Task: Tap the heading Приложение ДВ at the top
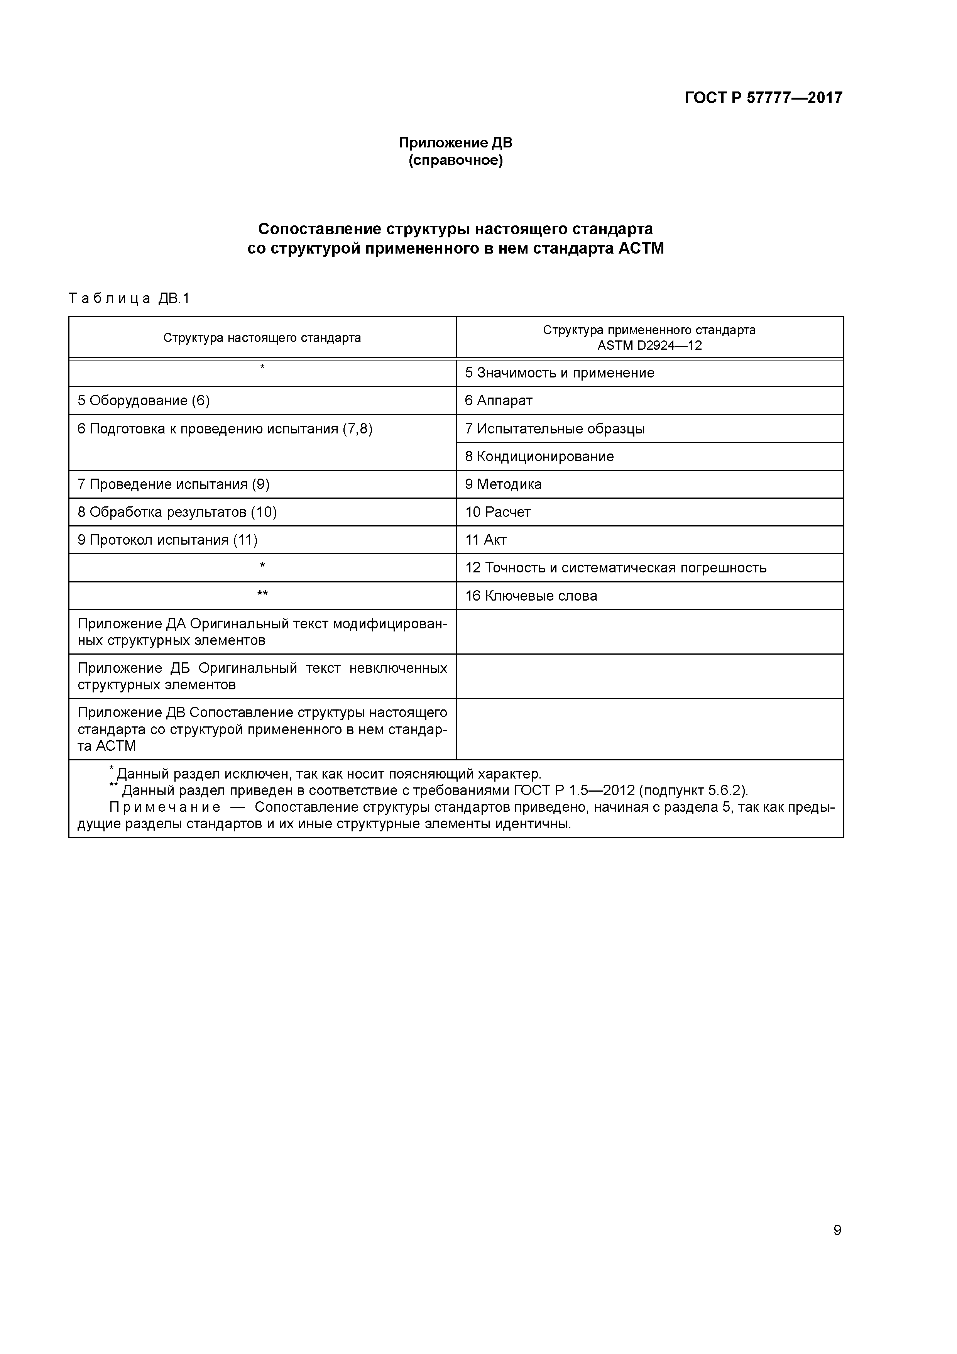(455, 143)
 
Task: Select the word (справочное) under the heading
(455, 161)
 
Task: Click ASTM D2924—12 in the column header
(649, 345)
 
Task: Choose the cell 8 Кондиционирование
(539, 457)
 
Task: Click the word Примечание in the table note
(165, 807)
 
